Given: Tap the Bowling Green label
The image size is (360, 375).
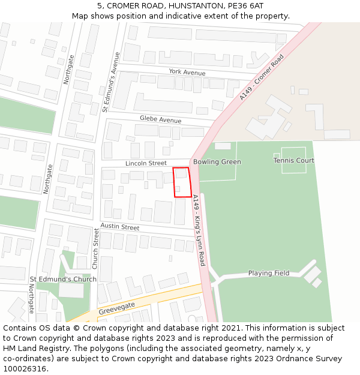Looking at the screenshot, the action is pos(217,162).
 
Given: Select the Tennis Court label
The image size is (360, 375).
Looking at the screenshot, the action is pos(294,161).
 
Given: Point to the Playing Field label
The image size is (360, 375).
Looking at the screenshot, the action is pos(269,273).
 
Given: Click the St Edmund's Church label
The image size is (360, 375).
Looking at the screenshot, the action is pos(63,280).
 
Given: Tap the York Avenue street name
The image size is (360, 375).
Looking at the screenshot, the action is pos(187,72).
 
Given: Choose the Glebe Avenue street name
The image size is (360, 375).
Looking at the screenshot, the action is pos(160,119).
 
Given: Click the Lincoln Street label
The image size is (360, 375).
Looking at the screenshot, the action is pos(146,163).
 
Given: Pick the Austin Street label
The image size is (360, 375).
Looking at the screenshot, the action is pos(119,226).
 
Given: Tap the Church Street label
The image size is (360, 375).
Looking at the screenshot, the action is pos(95,250).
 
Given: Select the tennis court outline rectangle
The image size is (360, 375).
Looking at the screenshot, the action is pos(294,160).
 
